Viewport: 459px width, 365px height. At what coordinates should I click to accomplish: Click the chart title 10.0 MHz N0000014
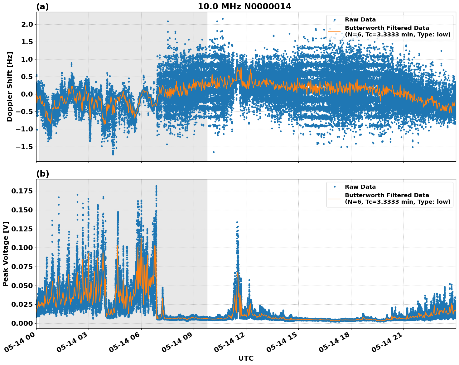point(244,7)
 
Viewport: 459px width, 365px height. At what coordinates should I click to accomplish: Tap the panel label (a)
point(42,7)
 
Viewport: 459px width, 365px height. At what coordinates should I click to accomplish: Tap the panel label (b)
point(43,174)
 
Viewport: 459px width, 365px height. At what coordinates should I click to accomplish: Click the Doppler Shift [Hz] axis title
point(10,87)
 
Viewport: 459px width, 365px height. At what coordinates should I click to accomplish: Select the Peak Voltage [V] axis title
point(6,254)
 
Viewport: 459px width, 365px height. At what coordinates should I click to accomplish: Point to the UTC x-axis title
point(246,358)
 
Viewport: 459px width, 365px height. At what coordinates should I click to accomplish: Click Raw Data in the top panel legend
point(360,20)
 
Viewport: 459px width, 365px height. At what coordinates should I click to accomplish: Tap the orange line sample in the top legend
point(334,31)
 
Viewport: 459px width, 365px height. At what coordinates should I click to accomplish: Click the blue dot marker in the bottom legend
point(334,187)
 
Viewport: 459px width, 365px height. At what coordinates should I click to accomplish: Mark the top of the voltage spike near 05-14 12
point(237,222)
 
